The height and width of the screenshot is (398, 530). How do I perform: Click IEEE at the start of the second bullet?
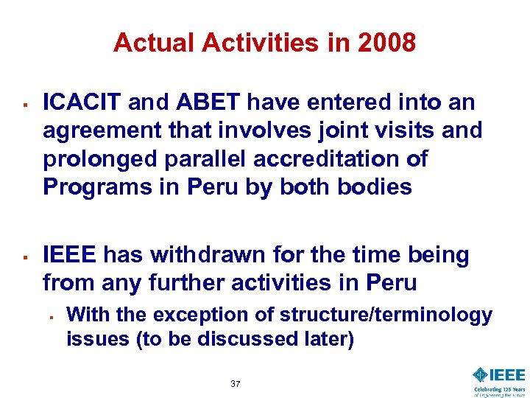71,255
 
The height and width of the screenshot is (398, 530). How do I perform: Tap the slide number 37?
236,384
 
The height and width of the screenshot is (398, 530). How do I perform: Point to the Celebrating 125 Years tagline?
499,390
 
